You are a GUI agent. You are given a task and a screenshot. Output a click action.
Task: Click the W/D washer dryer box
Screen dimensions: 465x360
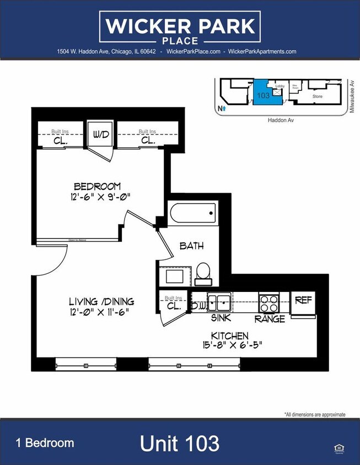tap(100, 134)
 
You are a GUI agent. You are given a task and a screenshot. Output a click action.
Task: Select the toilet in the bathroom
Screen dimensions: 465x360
tap(203, 271)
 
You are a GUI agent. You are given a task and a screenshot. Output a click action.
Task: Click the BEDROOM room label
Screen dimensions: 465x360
tap(98, 186)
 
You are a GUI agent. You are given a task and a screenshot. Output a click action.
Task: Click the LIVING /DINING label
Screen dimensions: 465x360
tap(101, 301)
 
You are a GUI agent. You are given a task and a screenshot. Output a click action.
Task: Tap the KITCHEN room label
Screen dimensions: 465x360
tap(230, 336)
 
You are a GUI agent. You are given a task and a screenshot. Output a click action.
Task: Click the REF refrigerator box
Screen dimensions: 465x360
tap(303, 301)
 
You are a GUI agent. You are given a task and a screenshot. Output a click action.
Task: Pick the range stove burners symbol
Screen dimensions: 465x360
tap(270, 303)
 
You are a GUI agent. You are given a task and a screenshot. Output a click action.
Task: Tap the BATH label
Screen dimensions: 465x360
tap(191, 246)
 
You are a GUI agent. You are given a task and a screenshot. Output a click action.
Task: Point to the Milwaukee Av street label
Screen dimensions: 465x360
tap(352, 97)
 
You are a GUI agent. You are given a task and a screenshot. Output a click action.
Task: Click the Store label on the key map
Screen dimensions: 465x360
tap(317, 96)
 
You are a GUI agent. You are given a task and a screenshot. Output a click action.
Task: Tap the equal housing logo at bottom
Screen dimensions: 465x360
tap(338, 448)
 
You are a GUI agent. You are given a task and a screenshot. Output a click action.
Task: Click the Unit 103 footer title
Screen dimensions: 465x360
tap(180, 444)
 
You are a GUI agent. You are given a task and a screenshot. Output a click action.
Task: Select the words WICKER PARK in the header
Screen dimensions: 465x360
tap(180, 26)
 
